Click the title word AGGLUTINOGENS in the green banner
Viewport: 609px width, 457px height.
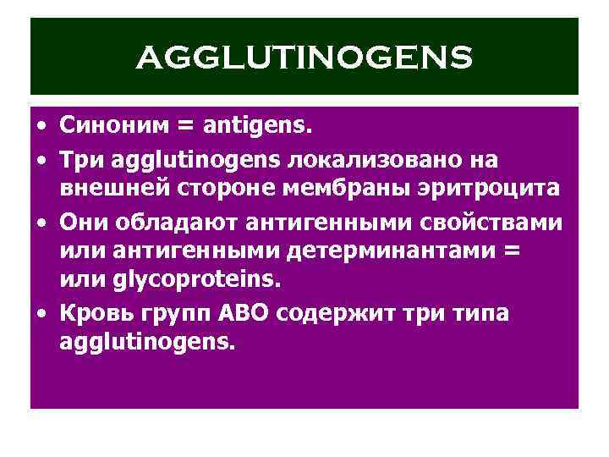point(304,58)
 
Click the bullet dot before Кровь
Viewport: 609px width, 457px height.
point(41,312)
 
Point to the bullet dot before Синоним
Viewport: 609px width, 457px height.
point(41,126)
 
